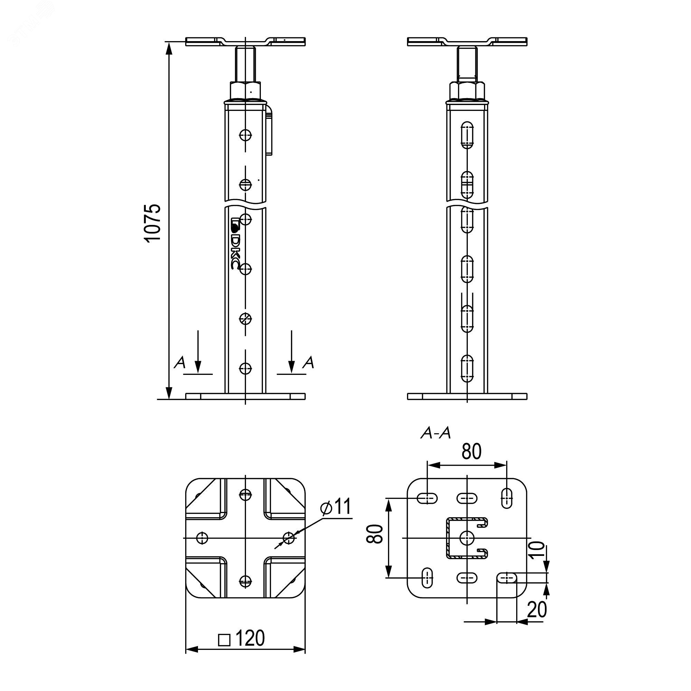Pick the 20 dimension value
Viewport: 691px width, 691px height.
tap(537, 609)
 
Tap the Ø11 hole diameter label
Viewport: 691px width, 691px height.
tap(336, 507)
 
